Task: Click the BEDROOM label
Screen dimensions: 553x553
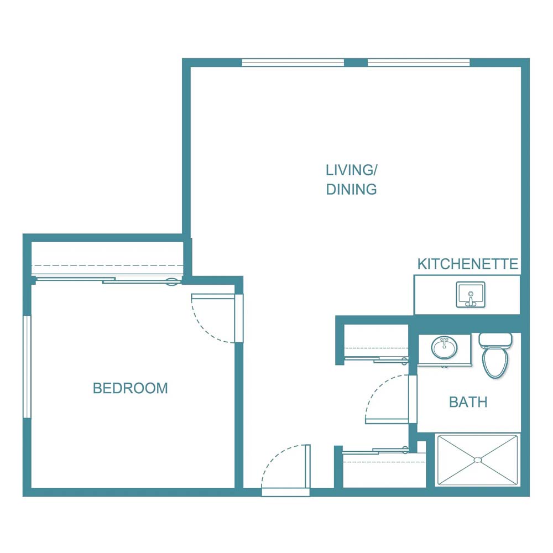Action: tap(130, 388)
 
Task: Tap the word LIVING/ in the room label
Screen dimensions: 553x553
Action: tap(351, 169)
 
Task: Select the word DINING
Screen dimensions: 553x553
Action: tap(351, 189)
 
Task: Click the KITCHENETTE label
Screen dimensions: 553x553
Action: tap(468, 264)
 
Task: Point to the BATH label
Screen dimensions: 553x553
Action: tap(468, 402)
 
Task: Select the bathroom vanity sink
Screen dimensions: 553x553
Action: tap(445, 348)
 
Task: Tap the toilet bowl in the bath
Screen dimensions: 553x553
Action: tap(495, 362)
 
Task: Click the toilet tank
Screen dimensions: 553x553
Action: tap(496, 339)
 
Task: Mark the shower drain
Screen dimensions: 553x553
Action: tap(478, 460)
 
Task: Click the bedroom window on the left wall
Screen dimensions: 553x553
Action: tap(26, 367)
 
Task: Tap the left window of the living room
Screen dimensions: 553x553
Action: tap(293, 62)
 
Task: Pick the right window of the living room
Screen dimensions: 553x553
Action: tap(419, 62)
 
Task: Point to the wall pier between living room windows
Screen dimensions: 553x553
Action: tap(356, 62)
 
